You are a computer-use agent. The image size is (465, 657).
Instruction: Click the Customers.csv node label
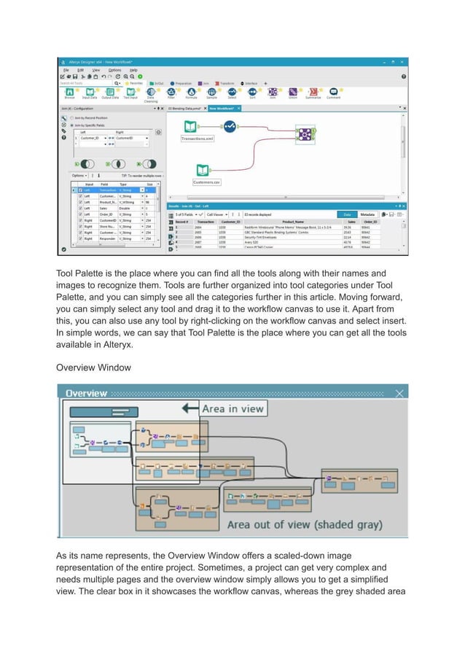tap(207, 182)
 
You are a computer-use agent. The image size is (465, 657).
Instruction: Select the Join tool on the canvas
tap(305, 134)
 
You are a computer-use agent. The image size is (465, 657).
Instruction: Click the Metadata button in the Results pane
tap(367, 214)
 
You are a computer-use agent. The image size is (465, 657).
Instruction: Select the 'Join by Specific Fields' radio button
tap(88, 124)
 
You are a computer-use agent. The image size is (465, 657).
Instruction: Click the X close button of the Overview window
tap(399, 393)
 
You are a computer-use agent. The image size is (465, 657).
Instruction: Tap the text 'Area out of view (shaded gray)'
tap(310, 524)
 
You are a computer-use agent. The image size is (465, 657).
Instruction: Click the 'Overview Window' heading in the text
tap(93, 368)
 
